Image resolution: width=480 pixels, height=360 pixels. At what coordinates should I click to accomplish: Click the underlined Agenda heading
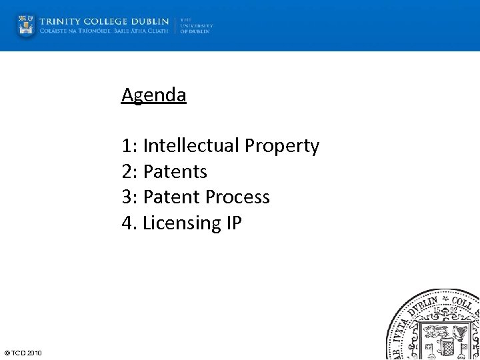pos(154,95)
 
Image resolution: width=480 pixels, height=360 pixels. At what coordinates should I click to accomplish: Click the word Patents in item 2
pos(175,171)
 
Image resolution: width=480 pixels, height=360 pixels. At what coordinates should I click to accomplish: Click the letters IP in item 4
pos(233,223)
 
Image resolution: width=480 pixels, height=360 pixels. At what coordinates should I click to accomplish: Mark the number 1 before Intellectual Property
pos(127,145)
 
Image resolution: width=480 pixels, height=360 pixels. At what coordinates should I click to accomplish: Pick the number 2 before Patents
pos(127,171)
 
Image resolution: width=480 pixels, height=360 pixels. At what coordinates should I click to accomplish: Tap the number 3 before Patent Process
pos(127,197)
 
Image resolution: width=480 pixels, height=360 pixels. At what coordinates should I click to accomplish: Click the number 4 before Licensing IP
pos(127,223)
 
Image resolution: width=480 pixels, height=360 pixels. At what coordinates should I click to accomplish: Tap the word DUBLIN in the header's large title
pos(150,21)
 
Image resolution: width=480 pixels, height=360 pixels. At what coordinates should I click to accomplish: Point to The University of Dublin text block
pos(195,25)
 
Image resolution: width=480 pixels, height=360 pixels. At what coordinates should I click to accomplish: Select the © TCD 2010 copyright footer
pos(23,353)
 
